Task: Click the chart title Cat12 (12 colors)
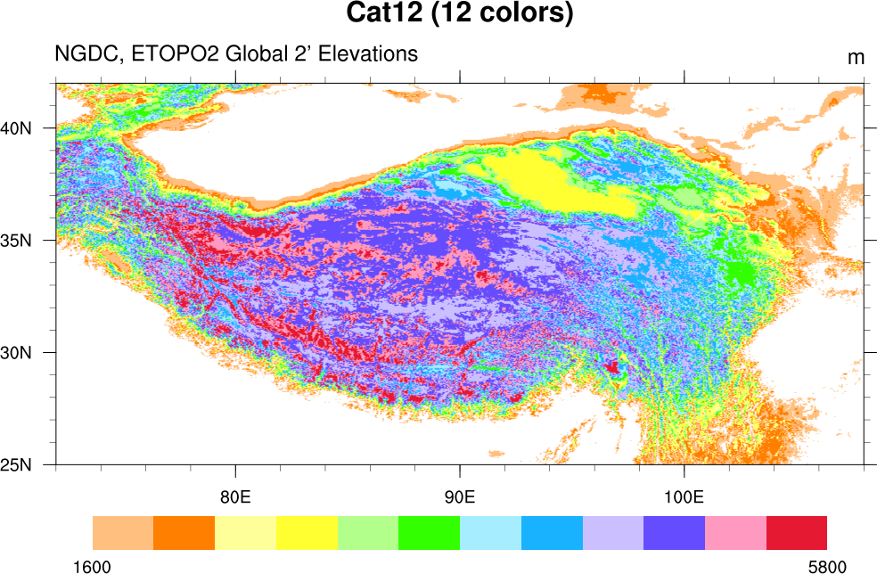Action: pos(459,13)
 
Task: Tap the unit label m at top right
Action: pos(856,58)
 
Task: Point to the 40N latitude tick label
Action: pos(15,127)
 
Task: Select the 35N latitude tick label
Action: pos(15,240)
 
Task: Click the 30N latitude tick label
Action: pos(15,352)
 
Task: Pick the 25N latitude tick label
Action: pos(15,464)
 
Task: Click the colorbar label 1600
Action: pos(93,566)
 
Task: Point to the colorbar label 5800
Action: pos(827,566)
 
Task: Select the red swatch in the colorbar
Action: pos(797,532)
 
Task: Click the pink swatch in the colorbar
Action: pos(735,532)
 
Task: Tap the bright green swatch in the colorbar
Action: pos(429,532)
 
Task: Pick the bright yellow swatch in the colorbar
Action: pos(307,532)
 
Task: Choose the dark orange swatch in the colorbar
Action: pos(184,532)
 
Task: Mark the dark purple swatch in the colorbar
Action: pos(674,532)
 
